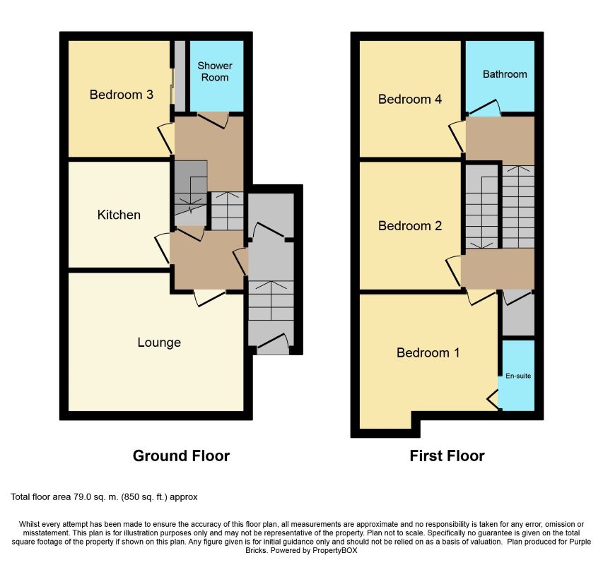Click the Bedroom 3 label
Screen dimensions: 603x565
pos(121,95)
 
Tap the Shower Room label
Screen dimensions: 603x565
pos(215,71)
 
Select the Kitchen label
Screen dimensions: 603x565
pos(119,215)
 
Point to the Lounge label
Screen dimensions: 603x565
pos(159,343)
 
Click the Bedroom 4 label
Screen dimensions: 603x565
pos(410,99)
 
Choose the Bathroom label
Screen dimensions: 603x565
pos(505,74)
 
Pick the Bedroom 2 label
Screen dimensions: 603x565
pos(410,225)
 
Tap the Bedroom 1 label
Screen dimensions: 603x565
pos(428,352)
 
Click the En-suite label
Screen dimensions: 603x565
pos(518,376)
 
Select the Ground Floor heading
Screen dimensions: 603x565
pos(181,456)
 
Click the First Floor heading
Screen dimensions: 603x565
pos(447,456)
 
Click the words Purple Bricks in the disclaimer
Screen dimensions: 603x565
pos(418,546)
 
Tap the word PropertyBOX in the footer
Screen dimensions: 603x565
pos(335,550)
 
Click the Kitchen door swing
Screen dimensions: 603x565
pos(163,249)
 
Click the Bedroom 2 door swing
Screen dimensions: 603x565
pos(454,270)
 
